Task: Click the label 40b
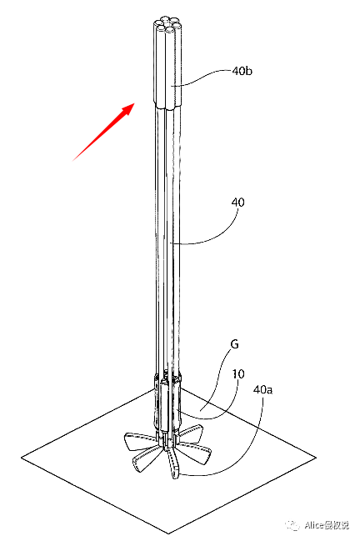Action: coord(242,71)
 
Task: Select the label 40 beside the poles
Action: coord(238,202)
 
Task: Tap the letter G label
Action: coord(234,344)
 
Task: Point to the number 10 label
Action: coord(238,373)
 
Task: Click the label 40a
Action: coord(262,389)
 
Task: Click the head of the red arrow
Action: coord(134,103)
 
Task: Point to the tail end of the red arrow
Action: coord(72,161)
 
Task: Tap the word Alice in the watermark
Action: coord(314,525)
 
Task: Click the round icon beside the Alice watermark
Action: coord(292,525)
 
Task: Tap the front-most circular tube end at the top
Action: coord(170,30)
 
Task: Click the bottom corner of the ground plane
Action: coord(168,533)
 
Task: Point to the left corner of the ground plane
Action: coord(22,458)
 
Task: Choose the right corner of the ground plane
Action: coord(316,458)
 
